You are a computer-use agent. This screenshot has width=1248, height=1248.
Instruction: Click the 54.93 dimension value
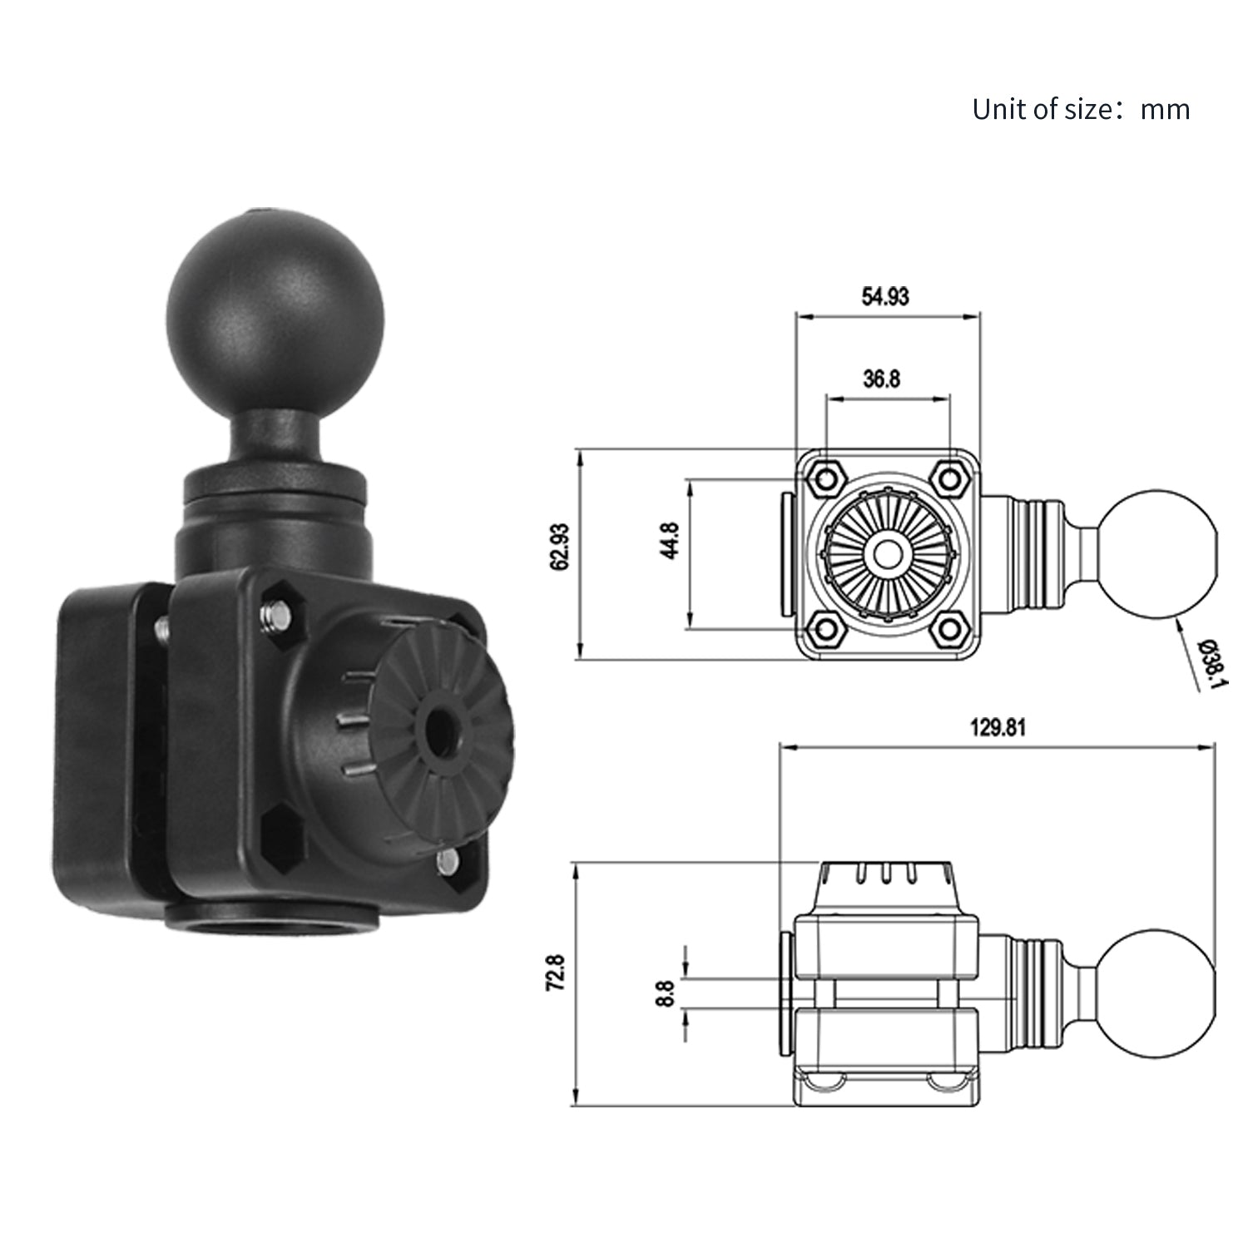885,296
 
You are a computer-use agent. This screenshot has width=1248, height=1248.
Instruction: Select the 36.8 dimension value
881,379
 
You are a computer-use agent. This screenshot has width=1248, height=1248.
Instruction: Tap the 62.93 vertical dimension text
560,547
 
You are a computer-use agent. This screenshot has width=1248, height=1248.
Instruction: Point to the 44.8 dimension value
671,540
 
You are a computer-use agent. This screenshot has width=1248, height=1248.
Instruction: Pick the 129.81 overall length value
998,728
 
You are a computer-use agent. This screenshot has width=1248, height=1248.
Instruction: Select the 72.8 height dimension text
556,972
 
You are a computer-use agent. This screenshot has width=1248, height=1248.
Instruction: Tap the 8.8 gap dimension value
665,993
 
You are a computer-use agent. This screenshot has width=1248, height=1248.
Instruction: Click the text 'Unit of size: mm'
1080,110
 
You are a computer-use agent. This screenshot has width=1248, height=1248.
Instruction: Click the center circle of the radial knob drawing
887,553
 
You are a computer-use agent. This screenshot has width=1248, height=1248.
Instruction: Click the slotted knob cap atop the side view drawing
887,884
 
